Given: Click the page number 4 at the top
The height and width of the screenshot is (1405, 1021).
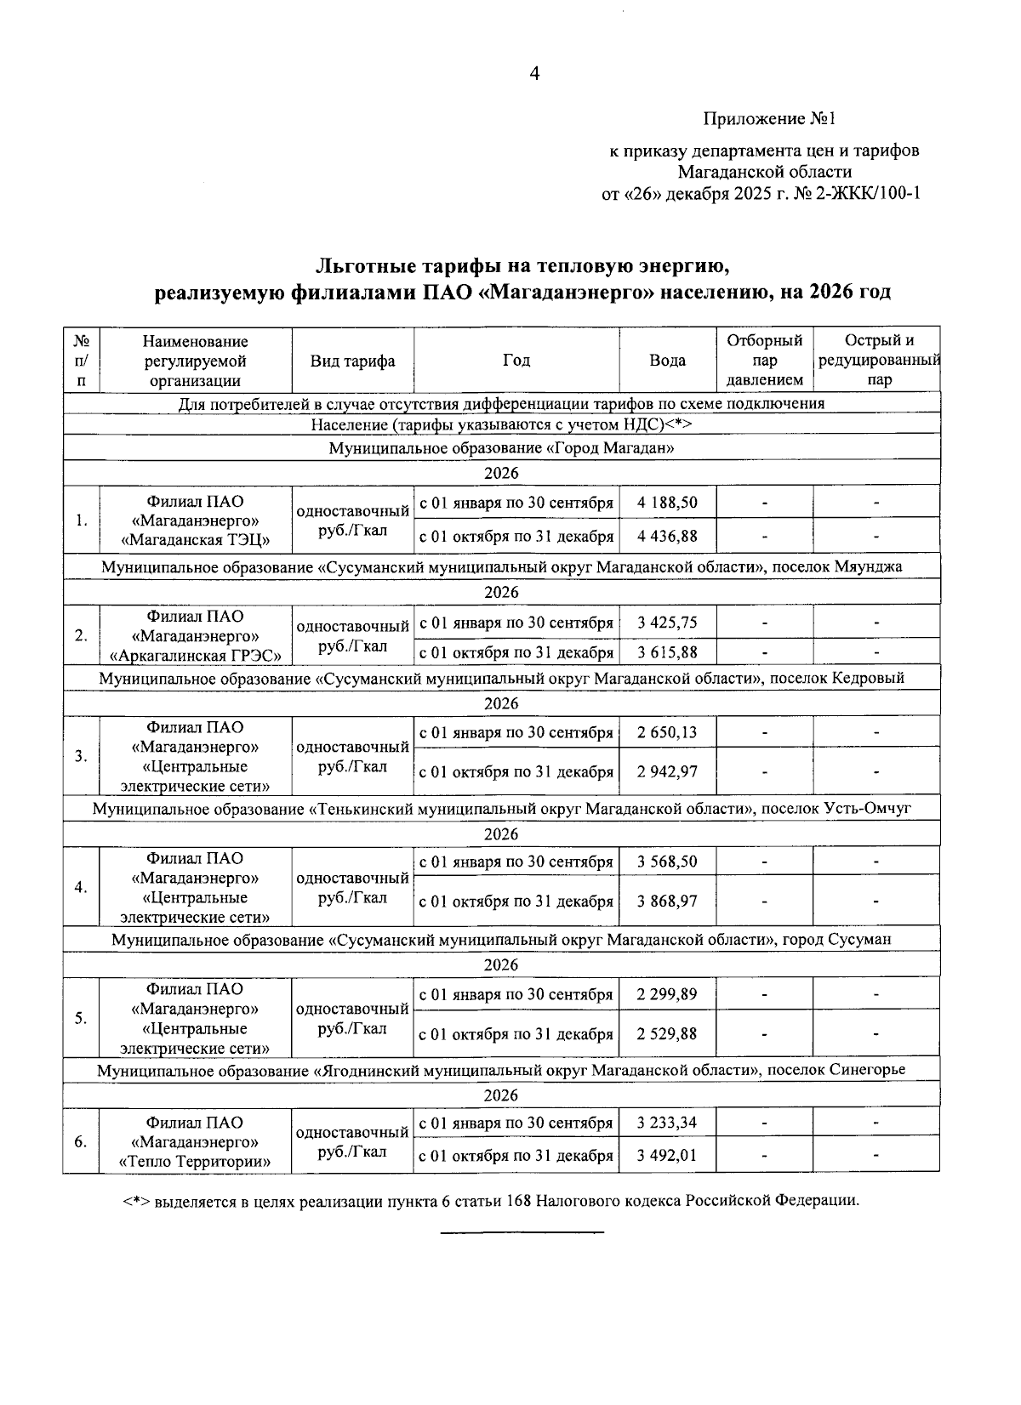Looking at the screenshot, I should (x=534, y=74).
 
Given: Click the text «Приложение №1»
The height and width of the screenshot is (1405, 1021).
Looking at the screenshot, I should (x=768, y=117).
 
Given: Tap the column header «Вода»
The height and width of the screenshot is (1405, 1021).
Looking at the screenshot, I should (x=667, y=361).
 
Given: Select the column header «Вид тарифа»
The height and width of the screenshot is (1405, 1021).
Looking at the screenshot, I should (x=352, y=361).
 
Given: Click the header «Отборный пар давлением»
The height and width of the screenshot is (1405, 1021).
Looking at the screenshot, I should (x=764, y=361).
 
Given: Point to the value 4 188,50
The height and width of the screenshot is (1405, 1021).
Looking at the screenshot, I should (x=667, y=503).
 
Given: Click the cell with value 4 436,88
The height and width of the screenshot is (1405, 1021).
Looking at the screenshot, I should (x=667, y=537).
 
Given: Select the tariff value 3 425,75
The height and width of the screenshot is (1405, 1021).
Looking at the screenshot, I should (x=667, y=623).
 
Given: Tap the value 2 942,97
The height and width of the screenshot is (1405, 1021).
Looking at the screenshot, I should (x=667, y=772).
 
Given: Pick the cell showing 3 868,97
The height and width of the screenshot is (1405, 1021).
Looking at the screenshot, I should (x=667, y=902).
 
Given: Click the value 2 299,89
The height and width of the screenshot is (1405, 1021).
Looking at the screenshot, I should (x=667, y=994).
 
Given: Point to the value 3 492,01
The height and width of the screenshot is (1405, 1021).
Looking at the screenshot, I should (x=667, y=1156).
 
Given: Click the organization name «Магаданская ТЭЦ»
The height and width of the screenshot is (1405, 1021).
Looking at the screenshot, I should (x=196, y=540).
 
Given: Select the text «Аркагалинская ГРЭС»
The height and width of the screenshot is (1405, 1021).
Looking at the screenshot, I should (x=196, y=655).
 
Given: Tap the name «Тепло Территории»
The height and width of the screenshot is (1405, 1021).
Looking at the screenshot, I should (x=196, y=1162).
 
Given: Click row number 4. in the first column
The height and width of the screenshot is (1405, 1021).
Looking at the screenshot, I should (x=81, y=887).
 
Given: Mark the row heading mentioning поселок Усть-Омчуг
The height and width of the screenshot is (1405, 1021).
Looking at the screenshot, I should (x=502, y=808).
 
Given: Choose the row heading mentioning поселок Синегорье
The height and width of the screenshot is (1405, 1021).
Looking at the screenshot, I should (x=501, y=1070).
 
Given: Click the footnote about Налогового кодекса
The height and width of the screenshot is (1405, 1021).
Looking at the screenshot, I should (x=491, y=1201).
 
